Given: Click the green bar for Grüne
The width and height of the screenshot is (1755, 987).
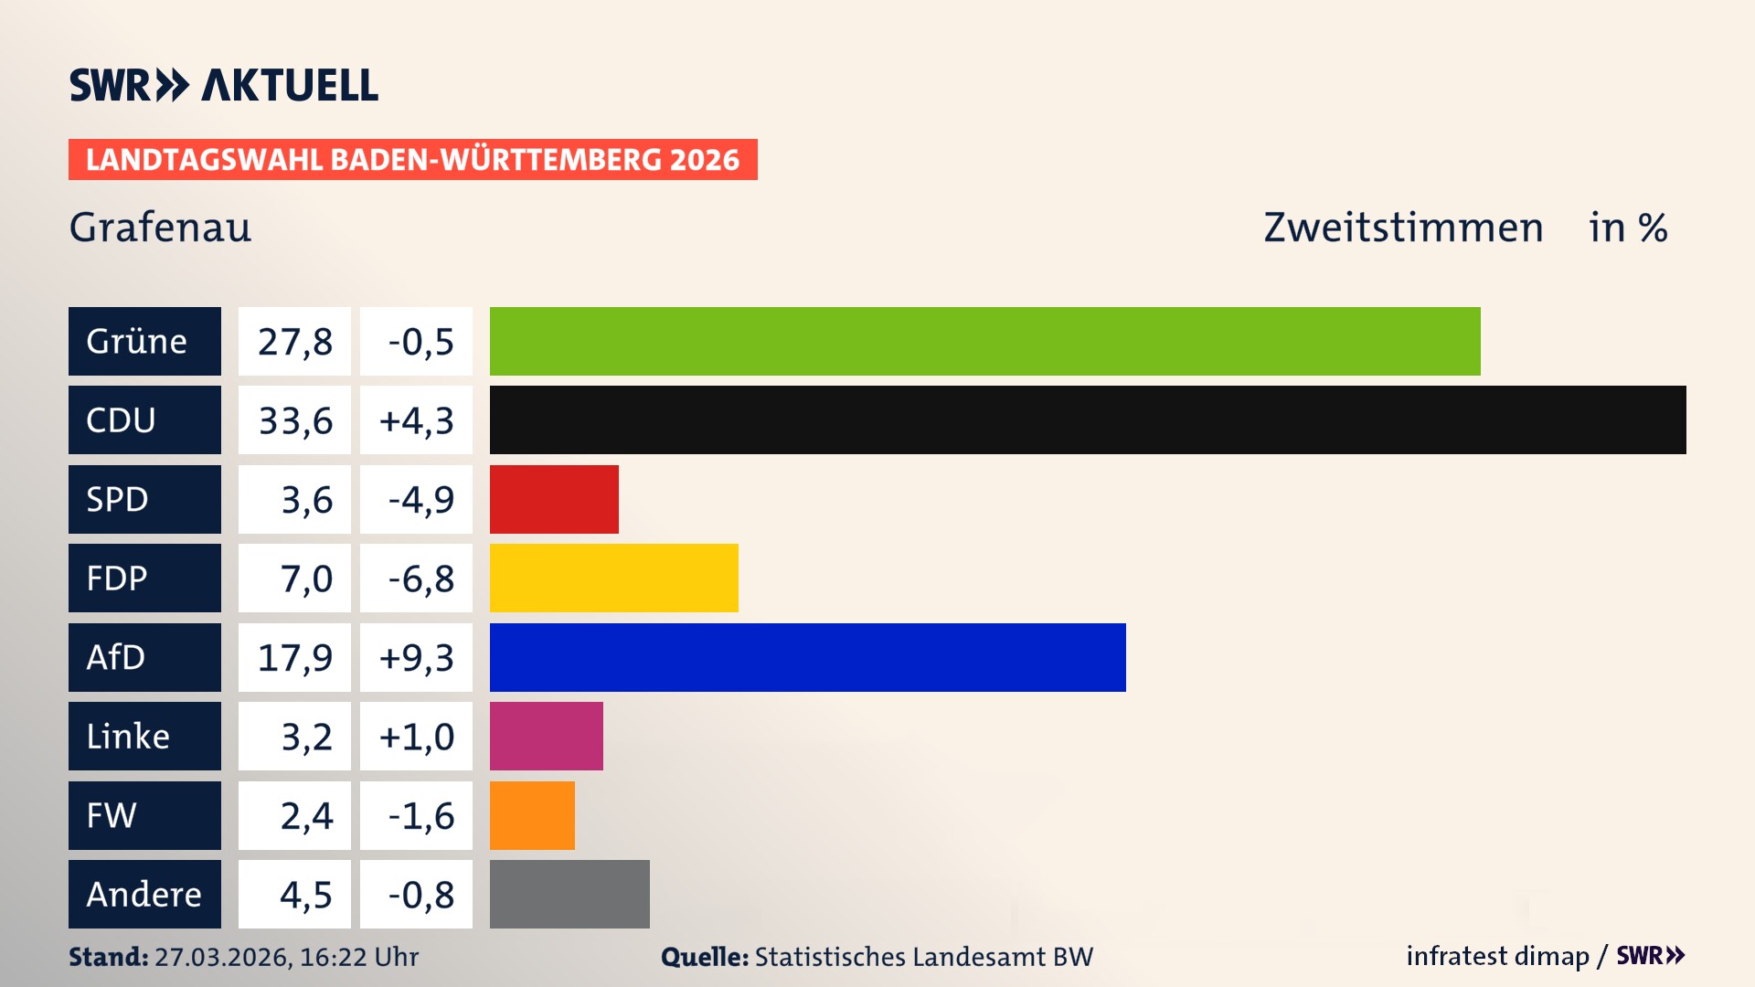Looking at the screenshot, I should [x=984, y=341].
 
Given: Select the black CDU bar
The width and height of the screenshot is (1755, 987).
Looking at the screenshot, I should [x=1088, y=420].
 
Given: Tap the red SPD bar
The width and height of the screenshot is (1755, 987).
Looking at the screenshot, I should [x=554, y=499].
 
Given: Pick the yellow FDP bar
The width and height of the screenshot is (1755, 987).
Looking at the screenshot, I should [x=613, y=578].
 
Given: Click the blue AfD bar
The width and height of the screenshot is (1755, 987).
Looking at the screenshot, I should [x=807, y=657].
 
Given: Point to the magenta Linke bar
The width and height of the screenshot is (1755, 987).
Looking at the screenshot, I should [x=546, y=736].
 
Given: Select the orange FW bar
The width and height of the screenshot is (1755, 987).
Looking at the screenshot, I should [x=532, y=815].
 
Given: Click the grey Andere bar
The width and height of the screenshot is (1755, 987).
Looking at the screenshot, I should [x=569, y=894].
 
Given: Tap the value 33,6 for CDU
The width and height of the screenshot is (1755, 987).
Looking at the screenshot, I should [x=295, y=420].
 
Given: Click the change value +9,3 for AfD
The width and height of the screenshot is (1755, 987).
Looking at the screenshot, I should [x=416, y=657].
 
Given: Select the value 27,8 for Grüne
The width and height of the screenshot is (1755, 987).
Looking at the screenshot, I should [x=295, y=341].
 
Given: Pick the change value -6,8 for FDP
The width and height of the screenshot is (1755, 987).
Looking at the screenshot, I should [x=420, y=578].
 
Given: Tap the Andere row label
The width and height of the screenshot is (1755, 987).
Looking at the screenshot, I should [x=144, y=894].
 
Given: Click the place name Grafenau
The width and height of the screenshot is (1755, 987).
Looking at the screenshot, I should [x=160, y=228].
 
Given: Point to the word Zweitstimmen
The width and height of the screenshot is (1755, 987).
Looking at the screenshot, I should [x=1403, y=228].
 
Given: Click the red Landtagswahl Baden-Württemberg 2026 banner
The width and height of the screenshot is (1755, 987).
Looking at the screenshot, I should [x=412, y=159].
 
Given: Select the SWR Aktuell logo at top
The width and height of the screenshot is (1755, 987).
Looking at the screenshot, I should [x=224, y=85].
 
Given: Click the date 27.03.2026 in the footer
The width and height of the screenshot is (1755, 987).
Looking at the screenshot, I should [x=222, y=957].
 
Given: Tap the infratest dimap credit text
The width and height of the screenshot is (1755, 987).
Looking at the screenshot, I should [x=1497, y=956].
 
